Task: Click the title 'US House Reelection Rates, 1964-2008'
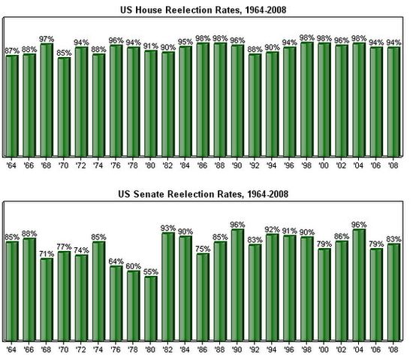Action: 206,10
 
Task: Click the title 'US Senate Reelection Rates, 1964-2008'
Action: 206,195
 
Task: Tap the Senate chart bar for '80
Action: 151,308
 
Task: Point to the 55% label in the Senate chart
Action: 151,270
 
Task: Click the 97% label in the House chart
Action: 47,38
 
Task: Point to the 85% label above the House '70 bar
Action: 64,52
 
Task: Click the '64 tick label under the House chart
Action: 12,163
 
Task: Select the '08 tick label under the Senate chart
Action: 393,349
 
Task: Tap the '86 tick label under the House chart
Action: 203,163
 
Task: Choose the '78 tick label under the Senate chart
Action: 134,349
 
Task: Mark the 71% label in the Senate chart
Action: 47,253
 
